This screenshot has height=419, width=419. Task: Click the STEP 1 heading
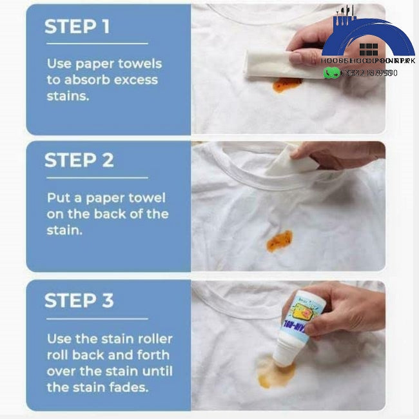[x=77, y=26]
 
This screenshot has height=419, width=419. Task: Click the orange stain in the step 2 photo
[x=279, y=240]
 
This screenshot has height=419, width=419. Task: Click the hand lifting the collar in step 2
[x=335, y=155]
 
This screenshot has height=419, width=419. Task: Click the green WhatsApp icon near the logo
[x=331, y=73]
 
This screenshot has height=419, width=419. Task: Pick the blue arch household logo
[x=368, y=39]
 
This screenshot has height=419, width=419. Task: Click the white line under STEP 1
[x=96, y=44]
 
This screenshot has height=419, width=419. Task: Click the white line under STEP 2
[x=96, y=177]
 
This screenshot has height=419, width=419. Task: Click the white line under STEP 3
[x=96, y=318]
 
